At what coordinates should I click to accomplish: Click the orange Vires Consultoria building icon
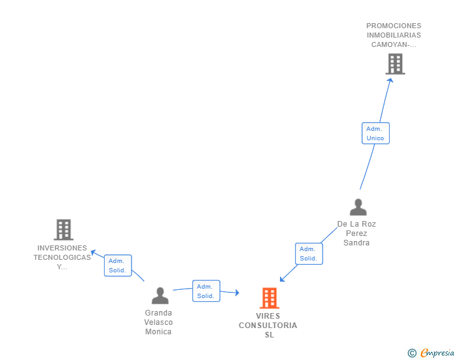269,298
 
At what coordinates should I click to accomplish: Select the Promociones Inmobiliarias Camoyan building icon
395,64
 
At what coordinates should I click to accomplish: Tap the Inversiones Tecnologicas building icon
63,230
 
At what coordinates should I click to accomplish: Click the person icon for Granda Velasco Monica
160,296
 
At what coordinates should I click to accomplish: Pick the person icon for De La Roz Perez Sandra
358,207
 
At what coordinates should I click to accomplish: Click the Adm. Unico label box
375,133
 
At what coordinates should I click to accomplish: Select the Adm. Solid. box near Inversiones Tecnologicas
117,265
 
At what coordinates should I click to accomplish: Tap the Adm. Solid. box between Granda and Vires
206,291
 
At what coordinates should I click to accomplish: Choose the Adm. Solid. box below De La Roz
308,254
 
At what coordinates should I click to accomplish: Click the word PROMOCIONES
394,26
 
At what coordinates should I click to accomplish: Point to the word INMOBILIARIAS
394,35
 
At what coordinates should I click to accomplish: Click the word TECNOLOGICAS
62,257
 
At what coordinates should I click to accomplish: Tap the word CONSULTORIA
268,326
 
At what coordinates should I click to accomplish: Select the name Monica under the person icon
158,332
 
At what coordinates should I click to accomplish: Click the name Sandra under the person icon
356,243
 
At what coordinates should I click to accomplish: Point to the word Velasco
158,322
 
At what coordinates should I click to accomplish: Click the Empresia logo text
438,353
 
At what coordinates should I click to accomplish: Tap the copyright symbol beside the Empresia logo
412,354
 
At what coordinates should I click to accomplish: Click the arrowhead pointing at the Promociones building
390,79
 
